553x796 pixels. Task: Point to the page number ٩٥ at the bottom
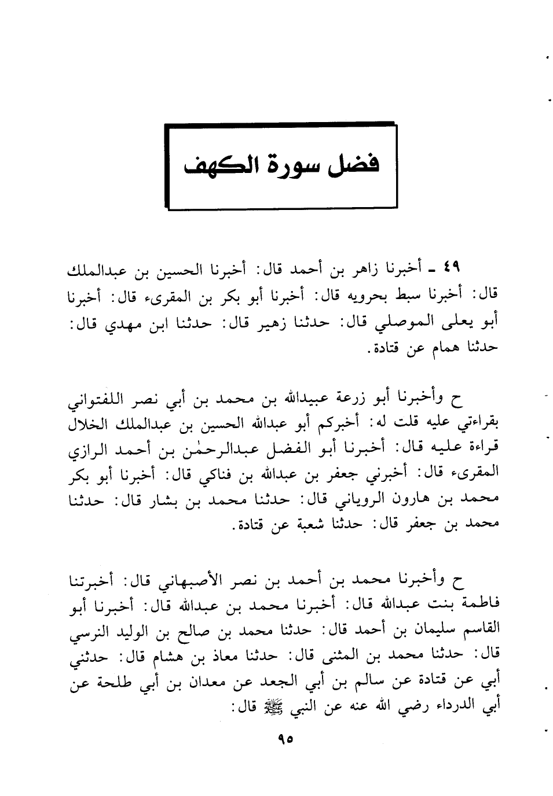tap(285, 739)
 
